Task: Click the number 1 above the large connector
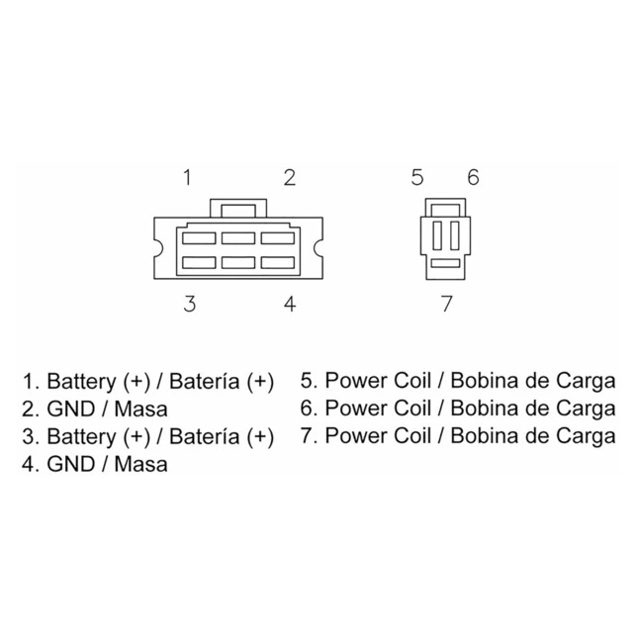click(187, 177)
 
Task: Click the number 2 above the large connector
click(289, 177)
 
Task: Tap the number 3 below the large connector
click(190, 304)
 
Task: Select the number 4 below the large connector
click(289, 304)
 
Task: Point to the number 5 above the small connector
click(417, 177)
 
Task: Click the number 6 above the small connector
click(473, 177)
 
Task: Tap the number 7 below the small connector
click(447, 304)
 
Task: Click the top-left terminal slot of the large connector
click(199, 238)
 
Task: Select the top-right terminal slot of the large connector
click(278, 238)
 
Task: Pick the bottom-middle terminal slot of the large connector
click(238, 263)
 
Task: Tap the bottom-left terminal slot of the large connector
click(199, 263)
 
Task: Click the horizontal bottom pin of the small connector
click(445, 263)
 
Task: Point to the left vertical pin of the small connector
click(437, 235)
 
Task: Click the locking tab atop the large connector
click(238, 209)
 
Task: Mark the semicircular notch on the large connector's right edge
click(319, 248)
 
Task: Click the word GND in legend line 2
click(71, 409)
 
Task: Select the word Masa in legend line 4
click(140, 464)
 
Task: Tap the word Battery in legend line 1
click(81, 382)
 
